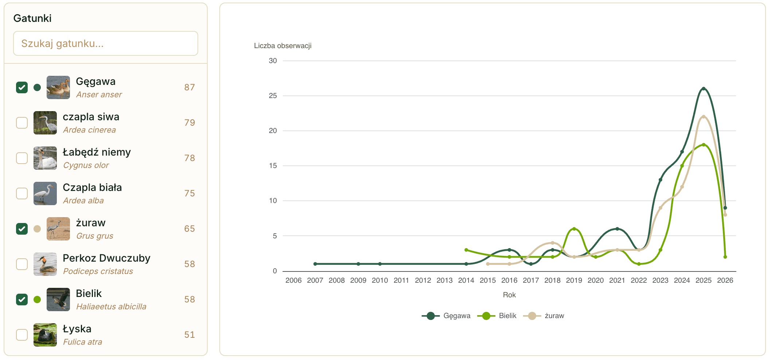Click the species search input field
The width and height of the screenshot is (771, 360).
pos(106,43)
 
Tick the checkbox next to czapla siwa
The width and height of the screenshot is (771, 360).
pos(22,123)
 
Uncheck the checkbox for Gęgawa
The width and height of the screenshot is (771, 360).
pos(22,87)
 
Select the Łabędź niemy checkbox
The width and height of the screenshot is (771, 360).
pos(22,158)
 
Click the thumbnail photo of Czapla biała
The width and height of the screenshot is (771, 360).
pos(45,193)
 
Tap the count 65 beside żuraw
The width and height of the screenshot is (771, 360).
pos(189,229)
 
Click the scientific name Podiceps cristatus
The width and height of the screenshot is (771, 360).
pos(98,271)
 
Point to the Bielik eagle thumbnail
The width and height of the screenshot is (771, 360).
pos(58,300)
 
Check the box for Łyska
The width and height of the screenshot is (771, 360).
pos(22,335)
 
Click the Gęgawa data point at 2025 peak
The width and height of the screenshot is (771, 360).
pos(704,89)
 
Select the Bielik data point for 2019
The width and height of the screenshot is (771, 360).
pos(574,229)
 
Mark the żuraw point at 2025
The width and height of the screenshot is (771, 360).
pos(704,117)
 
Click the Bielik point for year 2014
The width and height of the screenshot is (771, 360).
pos(466,250)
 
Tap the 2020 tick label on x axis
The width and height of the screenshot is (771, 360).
pos(596,280)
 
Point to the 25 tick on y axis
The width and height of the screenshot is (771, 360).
pos(273,96)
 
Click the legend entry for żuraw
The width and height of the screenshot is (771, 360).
pos(544,316)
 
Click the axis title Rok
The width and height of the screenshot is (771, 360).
pos(509,295)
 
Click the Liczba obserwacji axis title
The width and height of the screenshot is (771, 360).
pos(283,46)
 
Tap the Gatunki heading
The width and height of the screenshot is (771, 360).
pos(32,18)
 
